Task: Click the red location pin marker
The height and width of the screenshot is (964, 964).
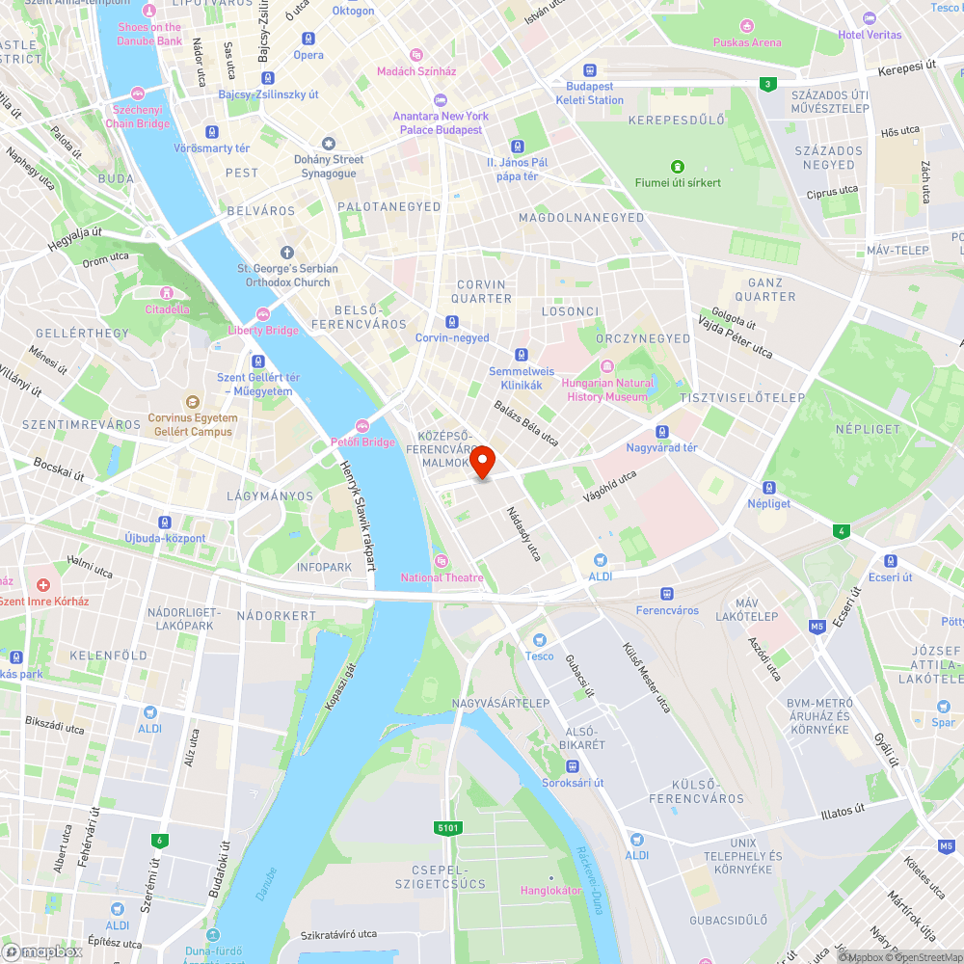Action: pos(482,462)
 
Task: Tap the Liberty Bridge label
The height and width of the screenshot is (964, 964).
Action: pos(263,331)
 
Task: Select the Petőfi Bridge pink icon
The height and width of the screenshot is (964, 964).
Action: pos(362,425)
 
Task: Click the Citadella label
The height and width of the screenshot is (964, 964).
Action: pos(167,309)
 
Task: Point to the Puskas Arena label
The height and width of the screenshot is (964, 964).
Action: pos(747,42)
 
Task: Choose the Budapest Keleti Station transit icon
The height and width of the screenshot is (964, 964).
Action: pos(589,71)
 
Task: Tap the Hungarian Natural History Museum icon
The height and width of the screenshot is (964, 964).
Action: pos(607,366)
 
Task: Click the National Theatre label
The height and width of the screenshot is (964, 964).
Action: pos(442,577)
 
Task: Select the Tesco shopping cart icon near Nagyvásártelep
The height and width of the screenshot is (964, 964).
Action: pos(540,639)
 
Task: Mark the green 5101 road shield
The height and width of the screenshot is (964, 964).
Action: pos(448,827)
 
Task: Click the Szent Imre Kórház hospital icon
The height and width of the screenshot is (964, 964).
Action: pos(42,585)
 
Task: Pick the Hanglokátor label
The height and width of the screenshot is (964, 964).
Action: pos(551,890)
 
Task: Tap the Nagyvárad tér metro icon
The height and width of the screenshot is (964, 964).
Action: pos(661,432)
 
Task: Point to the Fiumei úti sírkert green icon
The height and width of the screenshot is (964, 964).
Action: pos(678,166)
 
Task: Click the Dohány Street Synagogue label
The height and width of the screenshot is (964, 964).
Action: pos(329,166)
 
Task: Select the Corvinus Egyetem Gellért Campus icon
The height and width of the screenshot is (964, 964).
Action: pos(192,401)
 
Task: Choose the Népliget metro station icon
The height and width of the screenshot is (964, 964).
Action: pos(768,488)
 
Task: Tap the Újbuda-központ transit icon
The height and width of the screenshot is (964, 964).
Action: pos(165,522)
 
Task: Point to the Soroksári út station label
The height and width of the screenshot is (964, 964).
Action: pos(573,782)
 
